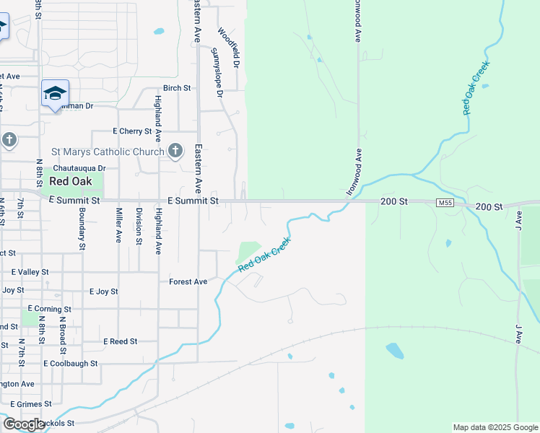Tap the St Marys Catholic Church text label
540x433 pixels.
108,152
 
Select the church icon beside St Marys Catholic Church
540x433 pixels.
175,151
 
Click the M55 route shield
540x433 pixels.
445,204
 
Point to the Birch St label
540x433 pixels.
176,88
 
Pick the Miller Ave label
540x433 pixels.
118,225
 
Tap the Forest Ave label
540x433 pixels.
188,281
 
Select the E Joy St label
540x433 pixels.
103,292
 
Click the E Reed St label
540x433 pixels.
120,341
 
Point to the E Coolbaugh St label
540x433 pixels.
70,364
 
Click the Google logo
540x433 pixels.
24,424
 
